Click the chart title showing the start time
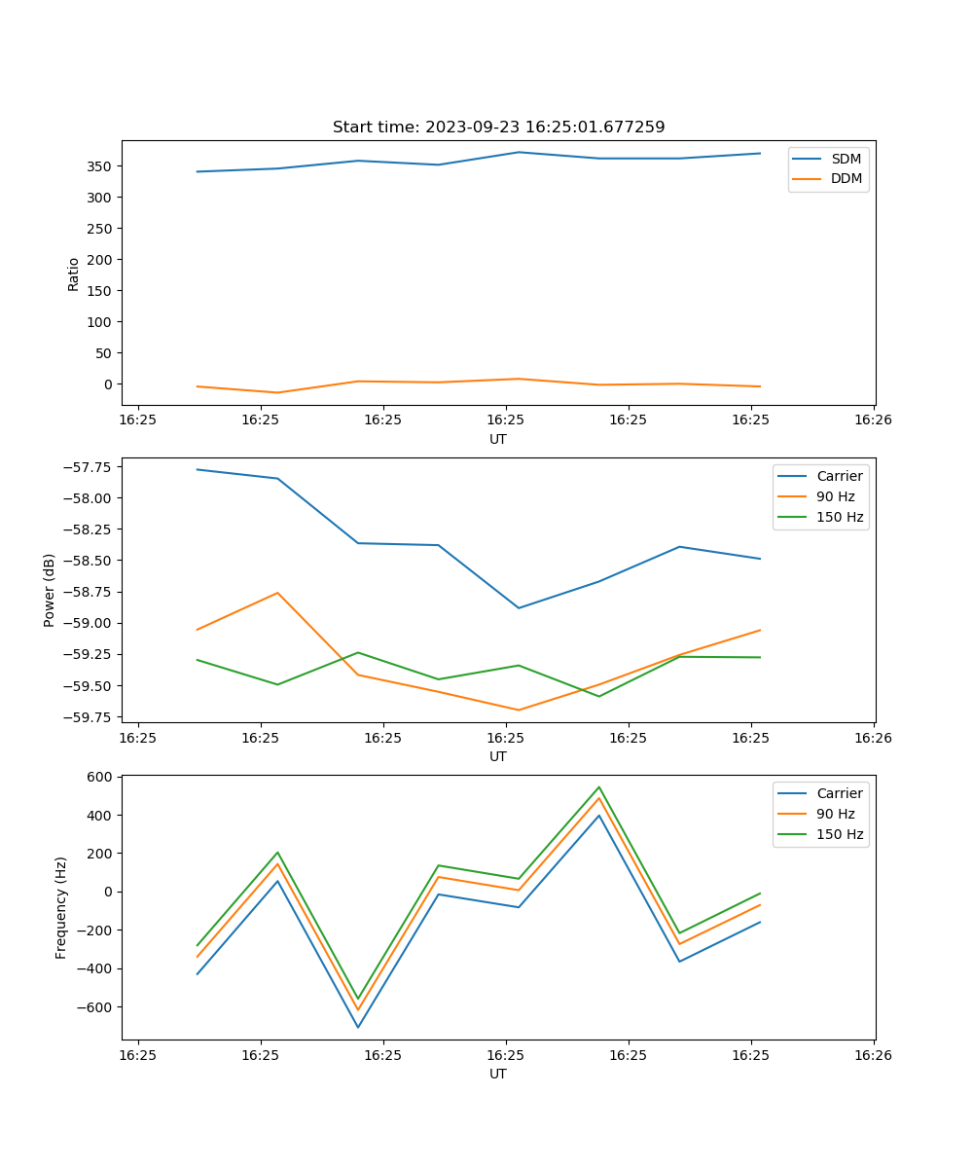[498, 128]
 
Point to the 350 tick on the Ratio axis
[100, 166]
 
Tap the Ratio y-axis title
[74, 274]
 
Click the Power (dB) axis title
[50, 590]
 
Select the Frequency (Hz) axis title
[61, 907]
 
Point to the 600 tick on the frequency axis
[102, 777]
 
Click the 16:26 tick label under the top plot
[873, 420]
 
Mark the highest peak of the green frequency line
[599, 787]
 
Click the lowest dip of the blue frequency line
[358, 1027]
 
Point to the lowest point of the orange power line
[519, 710]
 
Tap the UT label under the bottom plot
[498, 1074]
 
